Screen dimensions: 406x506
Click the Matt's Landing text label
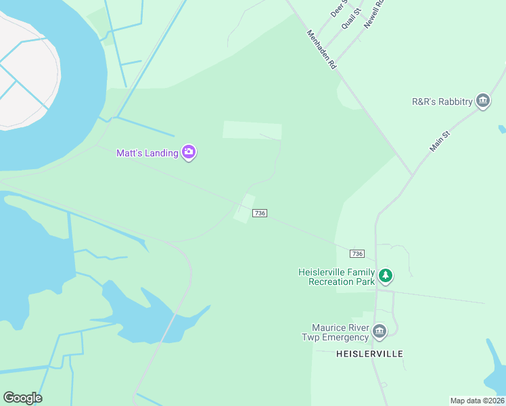(x=147, y=153)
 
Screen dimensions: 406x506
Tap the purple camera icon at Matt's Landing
(x=189, y=153)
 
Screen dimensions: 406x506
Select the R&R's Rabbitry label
(x=442, y=101)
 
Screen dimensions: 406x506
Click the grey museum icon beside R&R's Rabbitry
(x=483, y=101)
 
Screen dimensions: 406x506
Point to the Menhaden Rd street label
(x=321, y=49)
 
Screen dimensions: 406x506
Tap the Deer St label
(x=338, y=9)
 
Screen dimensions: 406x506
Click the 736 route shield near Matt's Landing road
(x=260, y=213)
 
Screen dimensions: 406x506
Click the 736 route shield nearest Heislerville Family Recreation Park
(x=357, y=254)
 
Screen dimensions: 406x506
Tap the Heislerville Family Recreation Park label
(x=336, y=277)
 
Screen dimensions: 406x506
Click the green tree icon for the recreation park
(x=386, y=275)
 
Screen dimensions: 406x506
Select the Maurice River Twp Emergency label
(x=336, y=332)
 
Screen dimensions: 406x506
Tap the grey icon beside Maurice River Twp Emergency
(x=379, y=331)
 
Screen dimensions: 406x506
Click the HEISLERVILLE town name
(x=369, y=354)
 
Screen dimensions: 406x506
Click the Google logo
(x=22, y=398)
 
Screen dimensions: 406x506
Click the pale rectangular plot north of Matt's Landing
(x=252, y=131)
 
